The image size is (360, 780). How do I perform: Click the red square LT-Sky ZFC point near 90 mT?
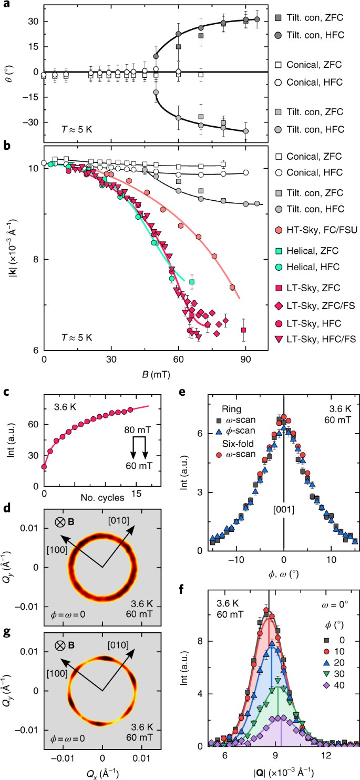243,330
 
